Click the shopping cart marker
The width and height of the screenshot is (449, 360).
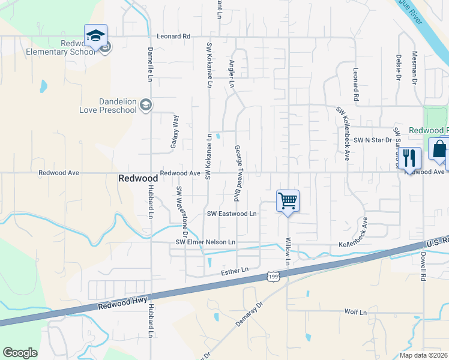click(x=288, y=201)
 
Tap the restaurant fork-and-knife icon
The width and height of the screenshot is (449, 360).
click(x=411, y=158)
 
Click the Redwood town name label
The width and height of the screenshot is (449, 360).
click(x=138, y=178)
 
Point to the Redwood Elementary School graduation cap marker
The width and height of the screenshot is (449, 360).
click(x=95, y=36)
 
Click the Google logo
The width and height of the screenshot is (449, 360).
click(x=20, y=353)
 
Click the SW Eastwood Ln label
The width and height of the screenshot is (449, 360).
click(x=232, y=214)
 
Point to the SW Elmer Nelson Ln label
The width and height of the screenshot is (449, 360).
click(x=206, y=242)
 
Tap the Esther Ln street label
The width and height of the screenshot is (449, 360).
click(x=235, y=271)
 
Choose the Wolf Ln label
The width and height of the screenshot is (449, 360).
click(x=355, y=312)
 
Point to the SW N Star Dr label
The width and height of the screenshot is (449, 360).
click(x=372, y=140)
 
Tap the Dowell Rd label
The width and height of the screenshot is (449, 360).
click(x=423, y=266)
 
